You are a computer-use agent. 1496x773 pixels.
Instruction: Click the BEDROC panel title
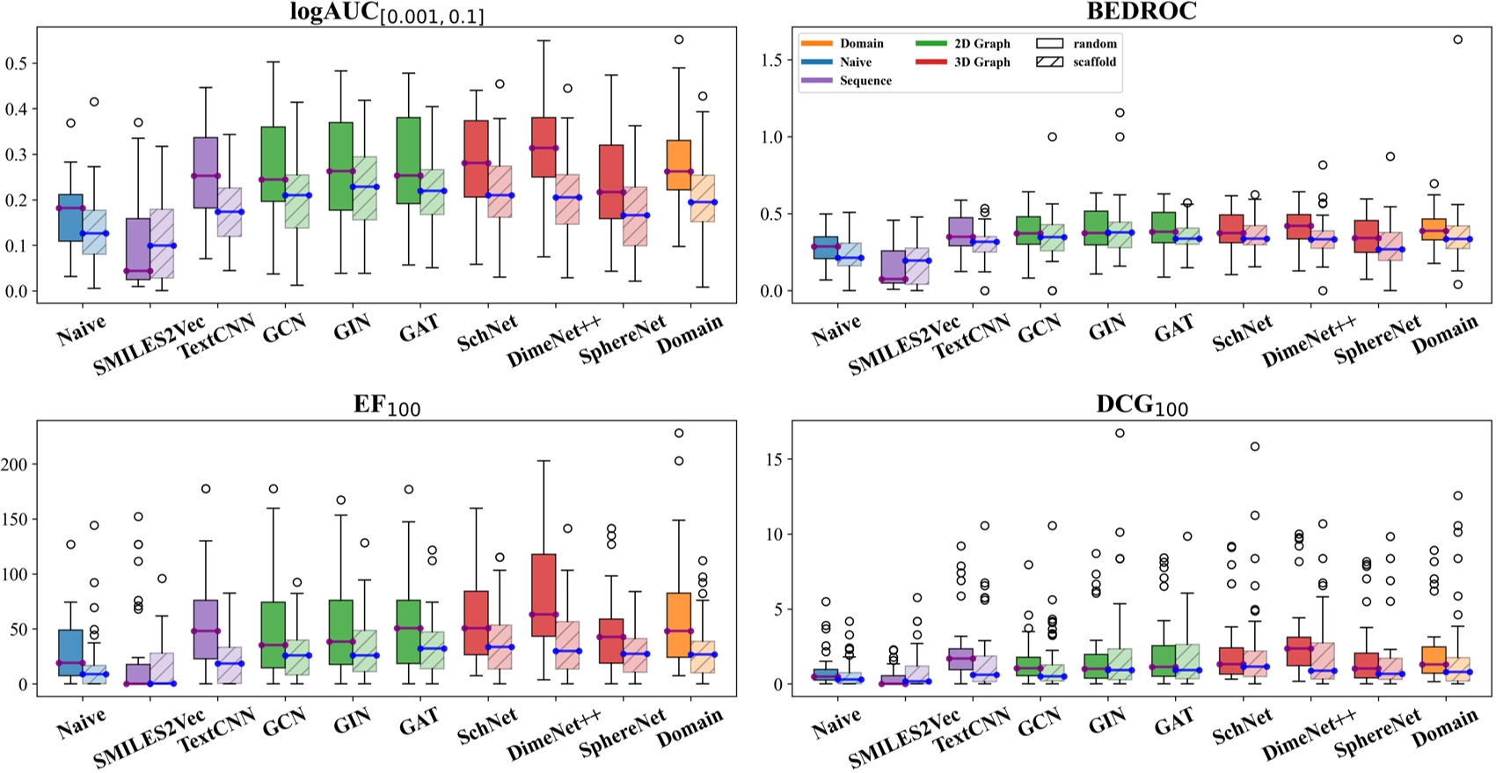[x=1141, y=11]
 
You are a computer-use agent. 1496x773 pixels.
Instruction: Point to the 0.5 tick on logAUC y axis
[x=17, y=63]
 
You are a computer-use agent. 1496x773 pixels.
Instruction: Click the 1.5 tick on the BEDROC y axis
[x=773, y=60]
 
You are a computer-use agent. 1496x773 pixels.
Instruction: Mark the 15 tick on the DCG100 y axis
[x=776, y=459]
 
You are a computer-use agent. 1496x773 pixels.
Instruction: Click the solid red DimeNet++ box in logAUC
[x=544, y=147]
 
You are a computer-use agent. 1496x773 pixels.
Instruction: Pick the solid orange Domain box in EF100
[x=678, y=624]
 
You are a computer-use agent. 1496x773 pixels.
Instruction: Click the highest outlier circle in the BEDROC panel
[x=1458, y=40]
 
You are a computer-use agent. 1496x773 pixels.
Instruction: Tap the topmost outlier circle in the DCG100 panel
[x=1120, y=433]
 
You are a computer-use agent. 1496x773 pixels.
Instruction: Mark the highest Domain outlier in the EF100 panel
[x=678, y=434]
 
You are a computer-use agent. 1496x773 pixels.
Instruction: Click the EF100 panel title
[x=386, y=405]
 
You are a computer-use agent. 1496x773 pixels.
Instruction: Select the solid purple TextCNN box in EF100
[x=206, y=629]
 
